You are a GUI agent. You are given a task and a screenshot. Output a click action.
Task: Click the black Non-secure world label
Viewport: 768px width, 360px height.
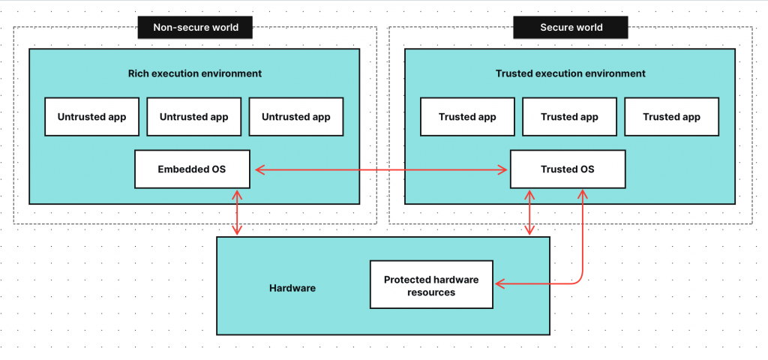(195, 28)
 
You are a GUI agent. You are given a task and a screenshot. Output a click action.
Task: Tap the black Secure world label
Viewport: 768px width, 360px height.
(571, 28)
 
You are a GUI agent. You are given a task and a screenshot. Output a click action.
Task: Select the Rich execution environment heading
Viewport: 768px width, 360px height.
(194, 73)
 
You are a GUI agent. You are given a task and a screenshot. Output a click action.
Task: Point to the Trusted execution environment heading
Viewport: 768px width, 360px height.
(570, 73)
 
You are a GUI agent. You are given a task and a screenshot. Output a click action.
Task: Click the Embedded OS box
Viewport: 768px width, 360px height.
(192, 169)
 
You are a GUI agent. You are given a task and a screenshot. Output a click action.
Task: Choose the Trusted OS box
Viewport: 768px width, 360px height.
(567, 169)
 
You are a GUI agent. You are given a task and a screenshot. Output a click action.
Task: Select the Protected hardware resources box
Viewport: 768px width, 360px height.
(431, 285)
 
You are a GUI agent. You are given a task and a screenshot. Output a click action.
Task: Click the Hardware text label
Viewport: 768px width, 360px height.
(292, 288)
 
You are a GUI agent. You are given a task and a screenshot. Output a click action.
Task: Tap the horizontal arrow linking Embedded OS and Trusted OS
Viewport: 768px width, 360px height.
(380, 170)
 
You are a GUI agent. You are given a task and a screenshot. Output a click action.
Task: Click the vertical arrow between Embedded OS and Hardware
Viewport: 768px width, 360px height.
(238, 212)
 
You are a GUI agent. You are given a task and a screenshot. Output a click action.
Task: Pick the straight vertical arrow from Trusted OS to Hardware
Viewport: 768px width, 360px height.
(531, 212)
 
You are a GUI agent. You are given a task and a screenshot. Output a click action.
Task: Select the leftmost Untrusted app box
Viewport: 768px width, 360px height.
(92, 117)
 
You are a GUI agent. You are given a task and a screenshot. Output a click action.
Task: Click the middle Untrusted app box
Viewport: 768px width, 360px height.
(194, 117)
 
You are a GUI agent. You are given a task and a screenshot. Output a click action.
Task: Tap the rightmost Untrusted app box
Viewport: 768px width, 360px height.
(296, 117)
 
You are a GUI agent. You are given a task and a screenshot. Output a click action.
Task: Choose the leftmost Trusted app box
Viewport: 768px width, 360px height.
(467, 117)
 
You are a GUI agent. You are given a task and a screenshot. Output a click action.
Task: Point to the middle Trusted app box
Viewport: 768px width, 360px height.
(569, 117)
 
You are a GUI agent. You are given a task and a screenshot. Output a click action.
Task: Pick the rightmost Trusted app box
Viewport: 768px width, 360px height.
(671, 117)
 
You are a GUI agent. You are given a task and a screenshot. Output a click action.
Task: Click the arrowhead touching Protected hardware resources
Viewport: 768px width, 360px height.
(499, 283)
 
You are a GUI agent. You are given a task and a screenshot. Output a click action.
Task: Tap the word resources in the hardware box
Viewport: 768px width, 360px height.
(431, 292)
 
